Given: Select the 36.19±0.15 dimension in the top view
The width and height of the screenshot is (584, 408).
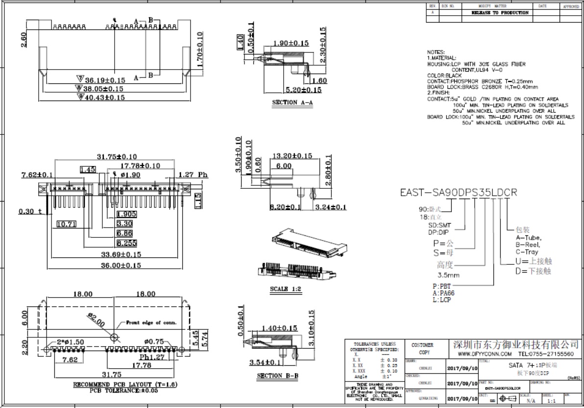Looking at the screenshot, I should click(105, 80).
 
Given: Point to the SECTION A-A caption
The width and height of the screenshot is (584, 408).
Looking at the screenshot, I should click(292, 102).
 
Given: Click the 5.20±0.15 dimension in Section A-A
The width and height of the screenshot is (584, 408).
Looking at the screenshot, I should click(303, 90).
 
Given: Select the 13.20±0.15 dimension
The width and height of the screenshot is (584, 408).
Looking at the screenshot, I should click(292, 156).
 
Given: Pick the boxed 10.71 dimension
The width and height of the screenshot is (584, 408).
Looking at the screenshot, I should click(67, 224).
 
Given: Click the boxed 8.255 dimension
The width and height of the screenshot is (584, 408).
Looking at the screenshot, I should click(126, 243).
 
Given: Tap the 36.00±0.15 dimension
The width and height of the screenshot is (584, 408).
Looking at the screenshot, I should click(114, 265).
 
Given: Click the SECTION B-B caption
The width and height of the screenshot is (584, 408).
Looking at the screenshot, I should click(278, 376).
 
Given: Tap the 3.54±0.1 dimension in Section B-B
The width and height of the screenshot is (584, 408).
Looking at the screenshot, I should click(265, 363).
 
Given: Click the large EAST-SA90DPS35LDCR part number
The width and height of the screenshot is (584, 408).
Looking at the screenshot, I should click(459, 193).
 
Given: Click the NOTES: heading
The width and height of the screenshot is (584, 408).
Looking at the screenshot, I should click(436, 52).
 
